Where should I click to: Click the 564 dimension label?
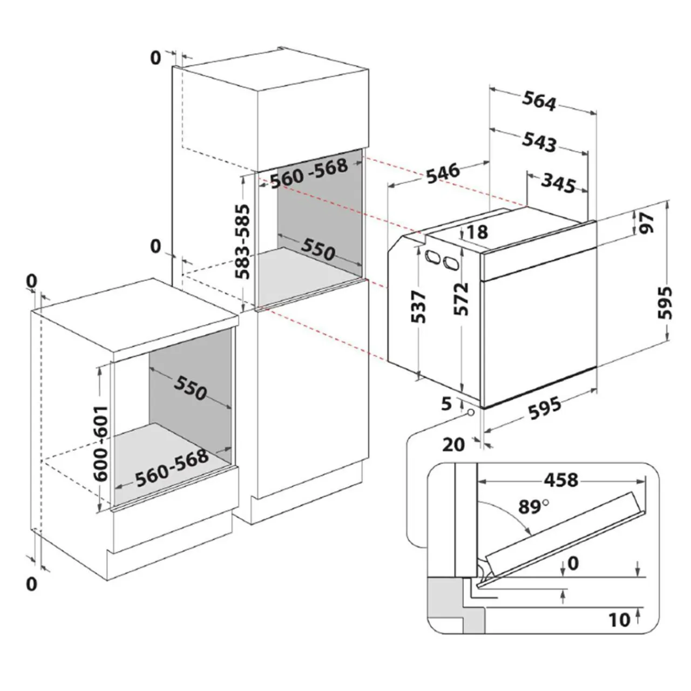(539, 101)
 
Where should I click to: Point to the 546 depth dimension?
(443, 173)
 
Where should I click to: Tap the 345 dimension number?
(558, 184)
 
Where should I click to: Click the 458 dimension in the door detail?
(561, 479)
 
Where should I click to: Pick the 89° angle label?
(533, 506)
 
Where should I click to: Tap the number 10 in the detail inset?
(620, 619)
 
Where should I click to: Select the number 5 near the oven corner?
(446, 404)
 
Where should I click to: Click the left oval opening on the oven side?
(431, 258)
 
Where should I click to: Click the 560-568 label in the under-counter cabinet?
(172, 468)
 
